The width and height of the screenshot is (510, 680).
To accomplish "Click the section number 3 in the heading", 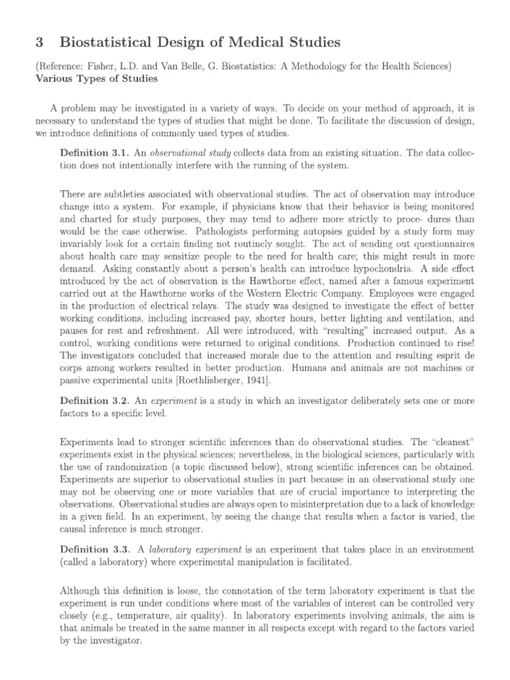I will point(39,42).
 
